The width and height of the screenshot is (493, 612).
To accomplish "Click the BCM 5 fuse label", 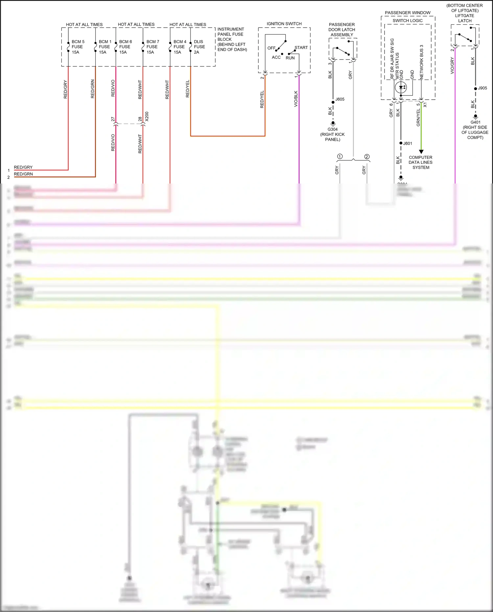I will [x=78, y=47].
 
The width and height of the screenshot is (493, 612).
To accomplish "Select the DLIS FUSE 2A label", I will [x=199, y=47].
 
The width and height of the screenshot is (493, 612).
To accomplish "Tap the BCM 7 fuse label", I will [x=153, y=47].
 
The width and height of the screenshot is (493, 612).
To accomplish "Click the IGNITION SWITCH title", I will [x=284, y=24].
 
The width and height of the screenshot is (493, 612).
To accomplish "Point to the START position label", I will [x=301, y=48].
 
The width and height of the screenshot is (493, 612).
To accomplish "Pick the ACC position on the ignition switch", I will [x=276, y=57].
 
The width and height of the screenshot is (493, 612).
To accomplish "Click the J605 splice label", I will [x=340, y=99].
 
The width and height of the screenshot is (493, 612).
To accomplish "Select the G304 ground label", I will [x=333, y=129].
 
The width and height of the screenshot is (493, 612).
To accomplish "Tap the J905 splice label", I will [x=482, y=88].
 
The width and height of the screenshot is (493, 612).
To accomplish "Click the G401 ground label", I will [x=475, y=122].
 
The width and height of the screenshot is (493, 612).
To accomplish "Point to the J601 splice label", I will [x=408, y=143].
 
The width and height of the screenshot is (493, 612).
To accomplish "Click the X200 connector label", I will [x=147, y=116].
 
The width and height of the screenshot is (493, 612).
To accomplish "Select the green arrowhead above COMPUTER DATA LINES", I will [x=421, y=152].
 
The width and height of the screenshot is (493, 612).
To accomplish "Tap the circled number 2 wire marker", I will [x=367, y=157].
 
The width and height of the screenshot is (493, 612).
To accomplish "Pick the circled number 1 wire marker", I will [x=340, y=157].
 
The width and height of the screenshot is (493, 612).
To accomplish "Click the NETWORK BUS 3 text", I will [x=422, y=62].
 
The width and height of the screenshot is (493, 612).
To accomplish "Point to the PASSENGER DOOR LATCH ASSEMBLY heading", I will [x=342, y=30].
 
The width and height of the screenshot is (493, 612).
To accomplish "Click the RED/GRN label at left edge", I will [x=23, y=174].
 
